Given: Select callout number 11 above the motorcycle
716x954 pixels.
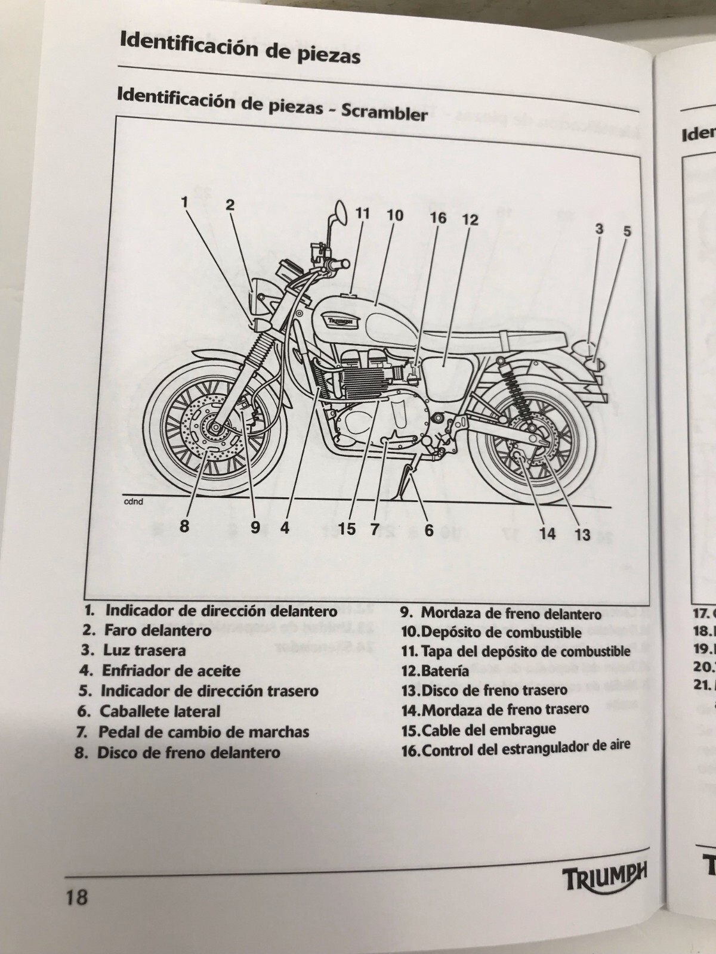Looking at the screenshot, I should tap(362, 213).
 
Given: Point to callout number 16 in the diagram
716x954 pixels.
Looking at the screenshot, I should tap(438, 218).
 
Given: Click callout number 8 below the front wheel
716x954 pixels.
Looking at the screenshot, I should tap(184, 525).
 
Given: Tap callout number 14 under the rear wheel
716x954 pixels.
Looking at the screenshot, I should tap(547, 532).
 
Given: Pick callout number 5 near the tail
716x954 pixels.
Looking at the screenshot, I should tap(627, 231).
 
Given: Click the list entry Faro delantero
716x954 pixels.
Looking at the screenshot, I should tap(158, 630).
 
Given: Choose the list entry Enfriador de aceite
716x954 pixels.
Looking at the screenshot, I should tap(171, 670).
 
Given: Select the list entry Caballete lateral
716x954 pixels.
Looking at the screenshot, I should tap(159, 711).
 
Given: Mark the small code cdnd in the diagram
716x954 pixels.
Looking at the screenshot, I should tap(133, 501).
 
